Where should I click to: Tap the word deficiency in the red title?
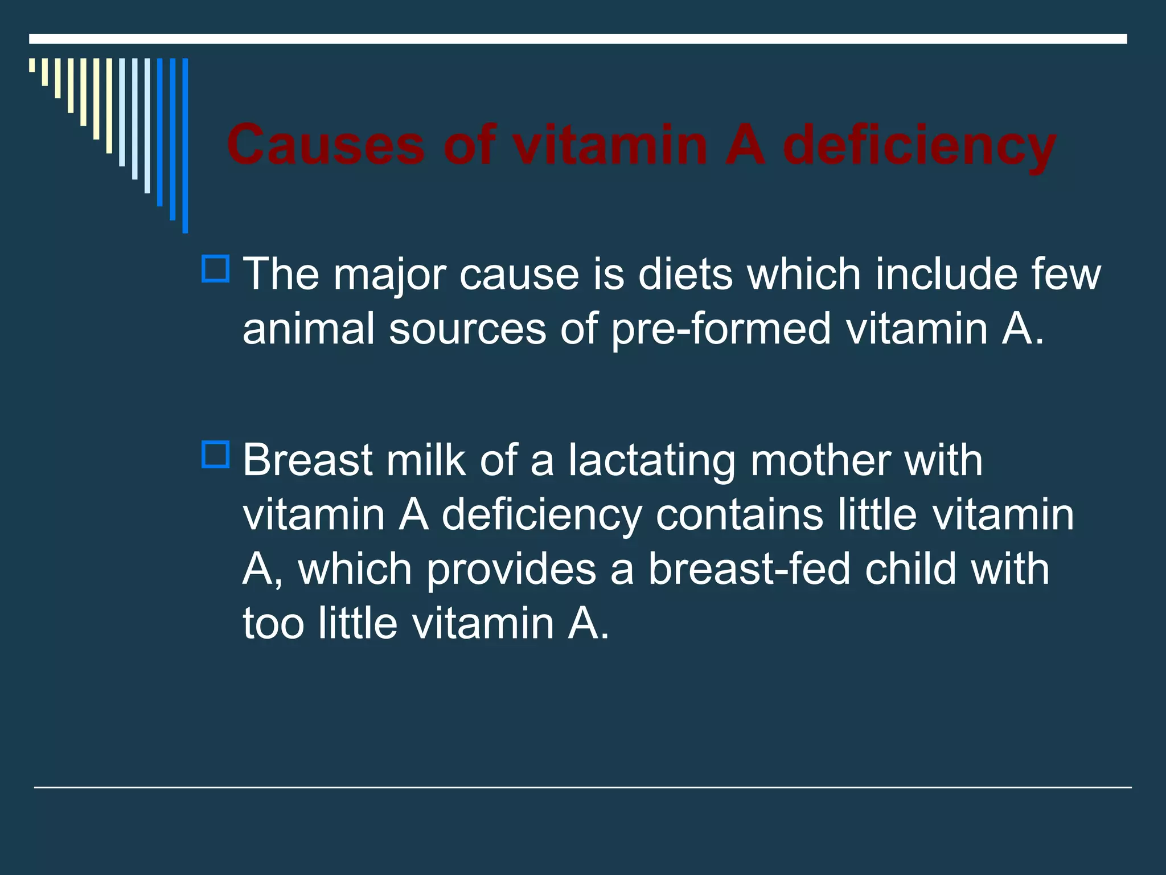click(919, 146)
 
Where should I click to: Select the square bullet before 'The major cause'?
click(215, 269)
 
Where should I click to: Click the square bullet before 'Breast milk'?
click(215, 455)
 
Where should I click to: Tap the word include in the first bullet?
click(946, 275)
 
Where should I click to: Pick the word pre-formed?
click(721, 330)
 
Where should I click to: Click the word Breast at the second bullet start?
click(307, 460)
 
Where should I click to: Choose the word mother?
click(820, 460)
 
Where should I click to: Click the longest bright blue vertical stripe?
click(185, 145)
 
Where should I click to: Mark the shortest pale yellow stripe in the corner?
click(32, 65)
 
